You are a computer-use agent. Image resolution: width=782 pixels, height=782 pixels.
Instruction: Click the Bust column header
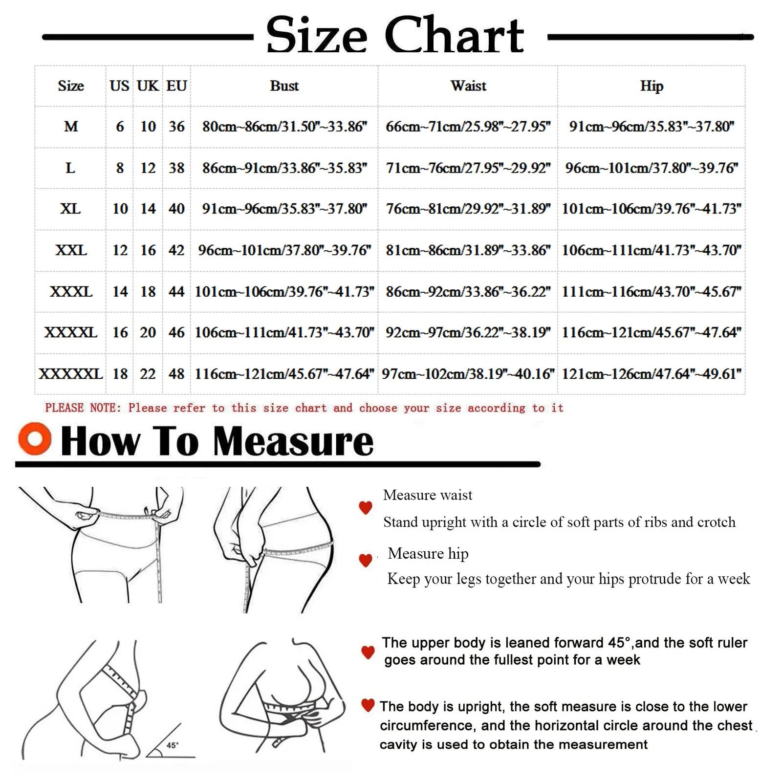coord(284,86)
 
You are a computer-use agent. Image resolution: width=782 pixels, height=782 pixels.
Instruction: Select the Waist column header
coord(468,86)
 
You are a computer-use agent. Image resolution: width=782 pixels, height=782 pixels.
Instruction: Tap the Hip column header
coord(652,87)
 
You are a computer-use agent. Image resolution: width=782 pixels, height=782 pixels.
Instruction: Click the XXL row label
coord(71,250)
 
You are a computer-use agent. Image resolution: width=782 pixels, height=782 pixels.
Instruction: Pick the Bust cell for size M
coord(284,127)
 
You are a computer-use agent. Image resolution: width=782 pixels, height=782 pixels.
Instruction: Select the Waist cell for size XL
coord(468,209)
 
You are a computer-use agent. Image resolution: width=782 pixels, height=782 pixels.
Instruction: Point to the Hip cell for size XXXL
coord(652,292)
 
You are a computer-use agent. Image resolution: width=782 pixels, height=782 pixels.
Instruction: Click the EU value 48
coord(176,374)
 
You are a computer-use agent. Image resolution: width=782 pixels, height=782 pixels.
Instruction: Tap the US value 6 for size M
coord(120,127)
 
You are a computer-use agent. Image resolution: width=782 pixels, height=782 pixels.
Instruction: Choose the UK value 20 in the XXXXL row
coord(148,333)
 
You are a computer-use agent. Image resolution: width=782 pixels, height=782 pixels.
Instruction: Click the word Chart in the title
coord(454,35)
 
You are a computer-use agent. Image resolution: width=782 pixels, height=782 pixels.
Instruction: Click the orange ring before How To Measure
coord(35,438)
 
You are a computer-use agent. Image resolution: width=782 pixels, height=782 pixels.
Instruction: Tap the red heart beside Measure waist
coord(366,507)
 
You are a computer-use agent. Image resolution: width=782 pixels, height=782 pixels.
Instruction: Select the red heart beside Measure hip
coord(366,560)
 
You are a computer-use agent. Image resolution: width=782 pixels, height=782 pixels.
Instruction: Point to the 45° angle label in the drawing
coord(173,745)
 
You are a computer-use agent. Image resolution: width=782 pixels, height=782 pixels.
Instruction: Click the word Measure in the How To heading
coord(293,441)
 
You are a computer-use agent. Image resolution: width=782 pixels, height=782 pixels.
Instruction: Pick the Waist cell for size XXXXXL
coord(468,374)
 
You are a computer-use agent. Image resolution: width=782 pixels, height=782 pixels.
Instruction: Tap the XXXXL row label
coord(71,333)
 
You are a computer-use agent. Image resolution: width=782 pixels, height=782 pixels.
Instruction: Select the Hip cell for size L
coord(652,168)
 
